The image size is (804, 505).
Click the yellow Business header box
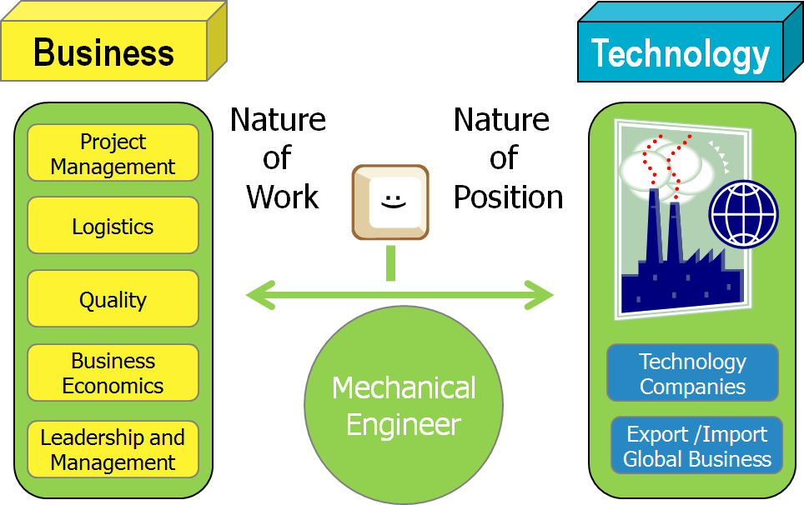click(103, 52)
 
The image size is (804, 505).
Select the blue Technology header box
click(680, 53)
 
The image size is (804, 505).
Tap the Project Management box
click(113, 153)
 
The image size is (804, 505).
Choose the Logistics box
click(113, 226)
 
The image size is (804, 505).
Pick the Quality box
click(113, 299)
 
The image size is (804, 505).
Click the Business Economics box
click(113, 372)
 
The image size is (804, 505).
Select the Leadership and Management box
click(113, 449)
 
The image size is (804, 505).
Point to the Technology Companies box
click(692, 373)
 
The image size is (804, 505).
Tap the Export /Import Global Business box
click(696, 446)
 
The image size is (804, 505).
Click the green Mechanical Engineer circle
click(404, 405)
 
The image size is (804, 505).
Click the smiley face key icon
click(389, 202)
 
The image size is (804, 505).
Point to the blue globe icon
click(743, 214)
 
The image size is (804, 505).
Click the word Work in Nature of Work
click(282, 197)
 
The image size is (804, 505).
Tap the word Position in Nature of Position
click(508, 197)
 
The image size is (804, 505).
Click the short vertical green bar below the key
click(390, 263)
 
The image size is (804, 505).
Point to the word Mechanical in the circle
click(404, 387)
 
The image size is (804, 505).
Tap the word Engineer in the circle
click(404, 424)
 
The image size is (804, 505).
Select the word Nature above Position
click(501, 120)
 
